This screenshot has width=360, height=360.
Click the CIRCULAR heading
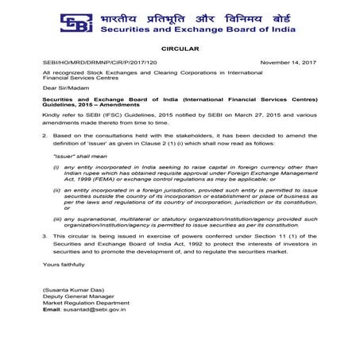click(x=179, y=48)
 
